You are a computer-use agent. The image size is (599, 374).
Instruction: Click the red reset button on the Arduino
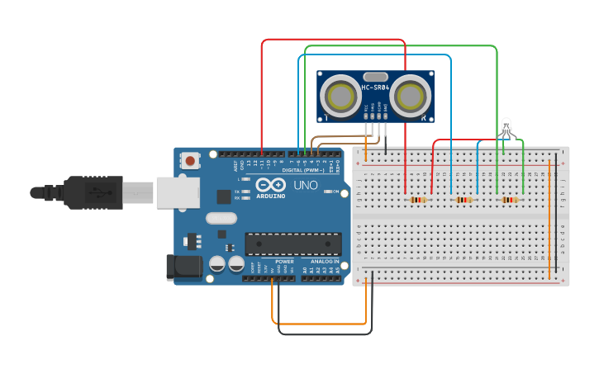(x=192, y=160)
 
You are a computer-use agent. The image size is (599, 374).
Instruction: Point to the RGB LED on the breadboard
(x=506, y=127)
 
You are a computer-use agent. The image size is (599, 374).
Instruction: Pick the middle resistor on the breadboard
(x=465, y=199)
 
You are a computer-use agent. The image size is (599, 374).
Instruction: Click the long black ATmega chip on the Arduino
(x=292, y=244)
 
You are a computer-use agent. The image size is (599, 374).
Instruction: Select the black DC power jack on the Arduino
(x=183, y=266)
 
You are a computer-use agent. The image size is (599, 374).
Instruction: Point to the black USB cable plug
(x=95, y=193)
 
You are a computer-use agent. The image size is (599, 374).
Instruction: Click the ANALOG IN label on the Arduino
(x=321, y=261)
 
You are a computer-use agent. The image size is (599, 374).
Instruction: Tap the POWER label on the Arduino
(x=283, y=261)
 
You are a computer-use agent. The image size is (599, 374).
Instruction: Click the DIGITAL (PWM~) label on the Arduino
(x=302, y=170)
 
